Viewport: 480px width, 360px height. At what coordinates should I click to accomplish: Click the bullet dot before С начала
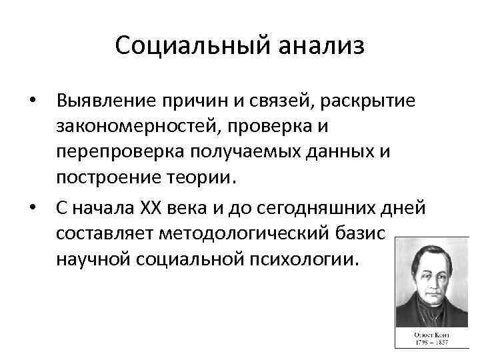(x=32, y=209)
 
